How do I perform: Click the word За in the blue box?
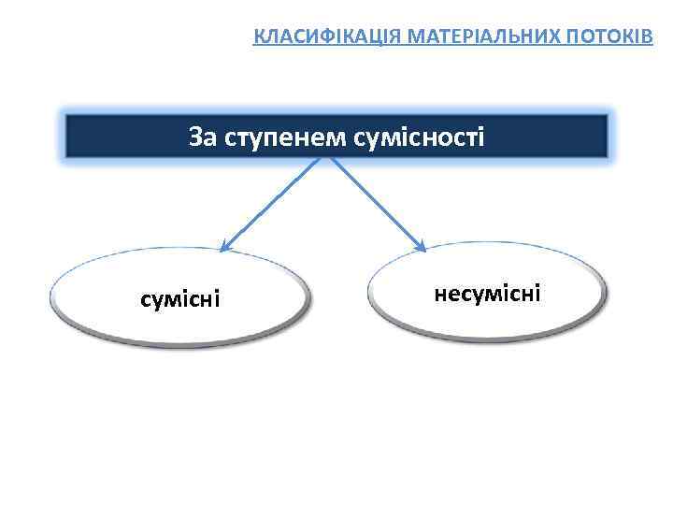pyautogui.click(x=202, y=137)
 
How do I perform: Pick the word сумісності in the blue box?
pyautogui.click(x=422, y=137)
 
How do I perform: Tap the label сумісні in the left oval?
pyautogui.click(x=179, y=299)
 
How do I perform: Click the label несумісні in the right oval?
pyautogui.click(x=487, y=294)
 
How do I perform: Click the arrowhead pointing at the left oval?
pyautogui.click(x=224, y=248)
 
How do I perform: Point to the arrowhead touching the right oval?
pyautogui.click(x=422, y=247)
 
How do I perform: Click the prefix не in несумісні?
pyautogui.click(x=445, y=294)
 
